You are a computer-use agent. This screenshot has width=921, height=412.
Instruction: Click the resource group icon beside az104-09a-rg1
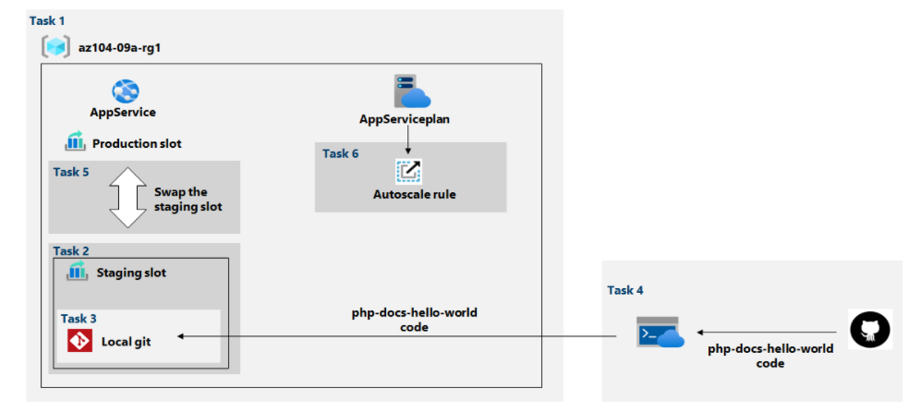(x=55, y=46)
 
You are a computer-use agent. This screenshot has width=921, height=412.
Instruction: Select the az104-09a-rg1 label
(x=119, y=48)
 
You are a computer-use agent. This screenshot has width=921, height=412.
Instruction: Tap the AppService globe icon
(x=125, y=91)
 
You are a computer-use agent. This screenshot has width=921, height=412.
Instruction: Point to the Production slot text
(x=137, y=143)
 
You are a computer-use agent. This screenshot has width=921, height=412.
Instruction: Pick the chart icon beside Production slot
(x=75, y=141)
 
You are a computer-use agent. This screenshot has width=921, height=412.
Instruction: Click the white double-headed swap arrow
(x=127, y=198)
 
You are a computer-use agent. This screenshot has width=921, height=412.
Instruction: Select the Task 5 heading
(x=70, y=172)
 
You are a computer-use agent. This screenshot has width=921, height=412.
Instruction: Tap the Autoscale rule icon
(x=409, y=172)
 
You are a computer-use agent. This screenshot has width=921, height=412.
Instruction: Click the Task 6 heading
(x=341, y=153)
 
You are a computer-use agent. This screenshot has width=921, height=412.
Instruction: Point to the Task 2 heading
(x=71, y=251)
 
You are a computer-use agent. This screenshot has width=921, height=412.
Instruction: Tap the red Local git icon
(x=79, y=341)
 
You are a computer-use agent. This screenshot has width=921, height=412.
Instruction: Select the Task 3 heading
(x=79, y=319)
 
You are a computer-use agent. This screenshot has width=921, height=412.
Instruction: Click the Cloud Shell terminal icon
(x=660, y=332)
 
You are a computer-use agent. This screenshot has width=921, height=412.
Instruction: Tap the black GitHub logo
(x=870, y=329)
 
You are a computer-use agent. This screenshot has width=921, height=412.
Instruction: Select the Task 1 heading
(x=47, y=21)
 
